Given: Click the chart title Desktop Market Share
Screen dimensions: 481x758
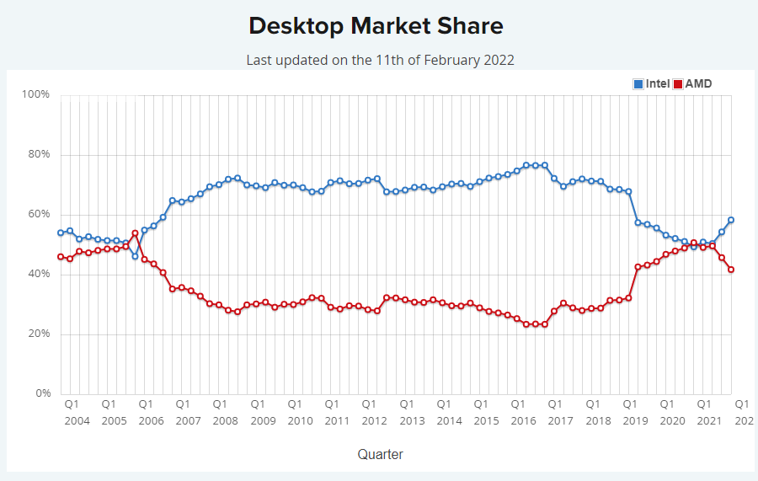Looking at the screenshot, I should coord(376,26).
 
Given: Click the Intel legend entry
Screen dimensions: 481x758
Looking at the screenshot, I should coord(652,83).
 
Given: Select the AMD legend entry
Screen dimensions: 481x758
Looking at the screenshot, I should coord(692,83).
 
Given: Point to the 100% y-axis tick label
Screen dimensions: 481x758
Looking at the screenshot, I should coord(36,94).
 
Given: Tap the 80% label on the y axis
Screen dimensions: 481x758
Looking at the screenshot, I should coord(39,154).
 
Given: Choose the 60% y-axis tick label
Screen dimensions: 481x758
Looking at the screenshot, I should coord(39,214).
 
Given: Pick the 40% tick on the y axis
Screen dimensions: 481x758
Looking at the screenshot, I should coord(39,274).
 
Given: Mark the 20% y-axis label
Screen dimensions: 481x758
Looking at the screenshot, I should coord(39,334).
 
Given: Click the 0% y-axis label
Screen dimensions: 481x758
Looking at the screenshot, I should coord(41,393).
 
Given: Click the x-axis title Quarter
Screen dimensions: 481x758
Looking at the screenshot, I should coord(380,454).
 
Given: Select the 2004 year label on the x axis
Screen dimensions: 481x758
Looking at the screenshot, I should coord(77,420).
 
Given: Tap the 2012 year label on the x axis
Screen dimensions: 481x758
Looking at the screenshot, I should coord(375,420).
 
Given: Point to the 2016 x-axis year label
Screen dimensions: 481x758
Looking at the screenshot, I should coord(524,420).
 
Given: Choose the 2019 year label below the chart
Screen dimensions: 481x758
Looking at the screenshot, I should coord(635,420).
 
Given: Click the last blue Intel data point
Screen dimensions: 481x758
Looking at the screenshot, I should coord(731,220).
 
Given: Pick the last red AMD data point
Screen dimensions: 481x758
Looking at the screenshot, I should coord(731,270).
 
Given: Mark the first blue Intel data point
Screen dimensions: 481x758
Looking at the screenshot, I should coord(61,232).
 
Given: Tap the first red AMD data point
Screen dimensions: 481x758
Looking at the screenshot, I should coord(61,257).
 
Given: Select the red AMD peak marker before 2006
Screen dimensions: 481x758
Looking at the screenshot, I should coord(135,233).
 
